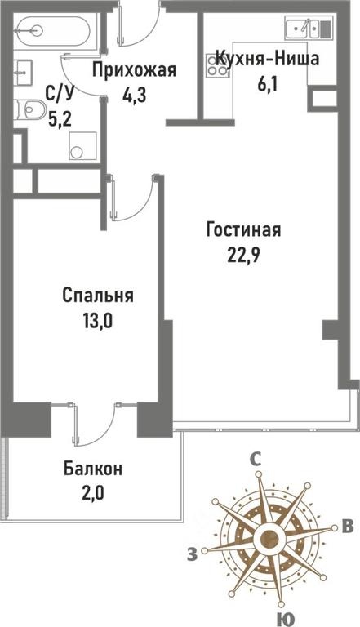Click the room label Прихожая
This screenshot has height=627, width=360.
134,70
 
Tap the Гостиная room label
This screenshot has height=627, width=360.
243,230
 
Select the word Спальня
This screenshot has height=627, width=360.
98,296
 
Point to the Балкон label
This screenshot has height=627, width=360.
93,469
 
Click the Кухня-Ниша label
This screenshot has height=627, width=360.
267,59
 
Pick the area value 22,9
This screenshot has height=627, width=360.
244,255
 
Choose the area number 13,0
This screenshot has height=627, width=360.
98,321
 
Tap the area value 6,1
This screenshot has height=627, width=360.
267,83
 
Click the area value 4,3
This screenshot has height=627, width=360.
135,96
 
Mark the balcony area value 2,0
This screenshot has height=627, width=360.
93,493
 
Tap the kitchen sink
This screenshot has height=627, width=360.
309,28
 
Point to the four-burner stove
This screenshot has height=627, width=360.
217,66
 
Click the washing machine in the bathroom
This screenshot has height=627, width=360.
82,146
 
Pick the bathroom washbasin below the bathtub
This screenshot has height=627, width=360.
23,73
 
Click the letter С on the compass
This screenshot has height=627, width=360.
256,459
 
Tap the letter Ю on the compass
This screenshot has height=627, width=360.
283,620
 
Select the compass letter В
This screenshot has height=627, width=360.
348,527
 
